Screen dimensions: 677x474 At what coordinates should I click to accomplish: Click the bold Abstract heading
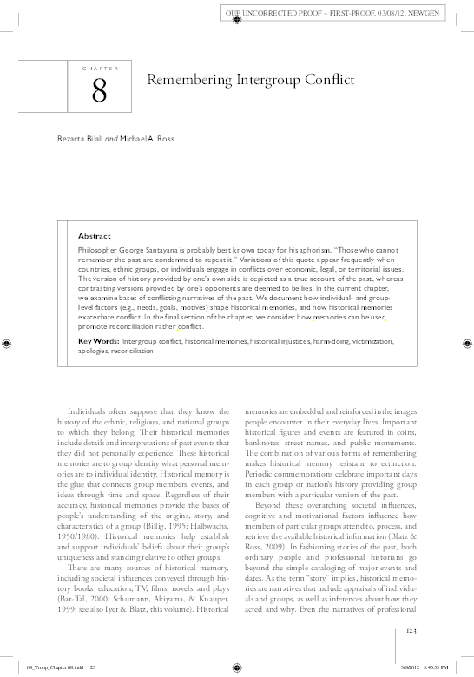pyautogui.click(x=95, y=235)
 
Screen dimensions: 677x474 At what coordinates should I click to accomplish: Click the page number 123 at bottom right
pyautogui.click(x=415, y=630)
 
